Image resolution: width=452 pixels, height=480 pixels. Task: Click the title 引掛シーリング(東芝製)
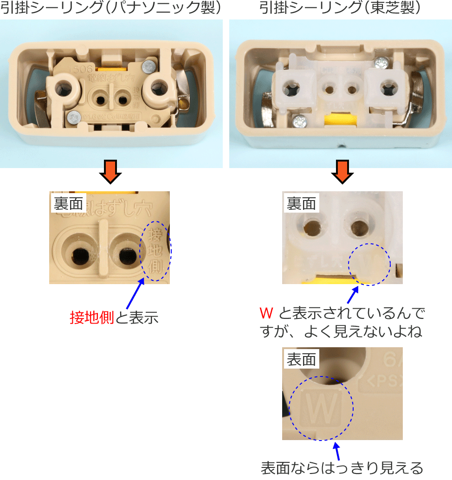(340, 8)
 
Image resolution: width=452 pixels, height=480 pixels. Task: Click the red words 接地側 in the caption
(92, 318)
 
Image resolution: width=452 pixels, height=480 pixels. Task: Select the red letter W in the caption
(266, 313)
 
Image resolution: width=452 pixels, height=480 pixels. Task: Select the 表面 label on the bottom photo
(301, 359)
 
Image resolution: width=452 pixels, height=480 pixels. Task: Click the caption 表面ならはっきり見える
(342, 467)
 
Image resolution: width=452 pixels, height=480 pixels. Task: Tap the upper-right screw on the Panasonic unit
(149, 66)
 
